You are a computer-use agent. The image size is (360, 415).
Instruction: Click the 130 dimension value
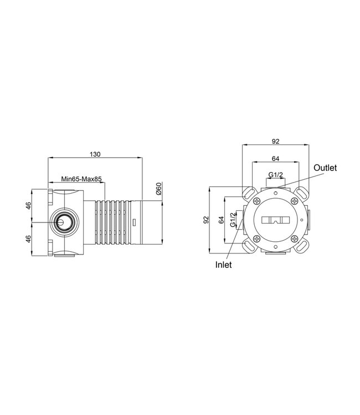95,154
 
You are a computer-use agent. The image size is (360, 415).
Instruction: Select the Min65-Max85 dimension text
81,179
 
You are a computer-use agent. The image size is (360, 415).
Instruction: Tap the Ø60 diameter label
158,189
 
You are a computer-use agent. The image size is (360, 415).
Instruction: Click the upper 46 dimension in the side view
28,205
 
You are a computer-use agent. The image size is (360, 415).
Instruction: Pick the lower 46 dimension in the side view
28,238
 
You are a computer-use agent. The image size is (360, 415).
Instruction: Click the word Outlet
325,168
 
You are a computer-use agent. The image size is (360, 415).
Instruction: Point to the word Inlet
223,264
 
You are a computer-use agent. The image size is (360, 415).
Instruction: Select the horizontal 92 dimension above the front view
275,141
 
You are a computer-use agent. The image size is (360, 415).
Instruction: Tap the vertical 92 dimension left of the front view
206,220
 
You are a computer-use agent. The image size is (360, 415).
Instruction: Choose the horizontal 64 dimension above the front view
275,159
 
